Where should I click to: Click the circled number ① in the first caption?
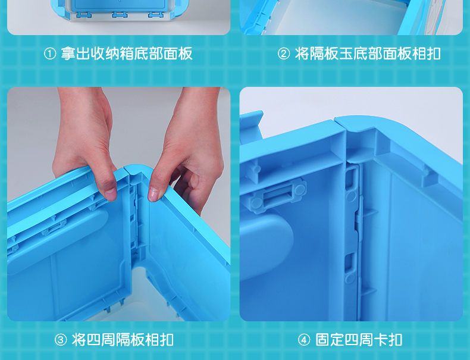tap(50, 54)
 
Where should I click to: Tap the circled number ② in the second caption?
tap(284, 54)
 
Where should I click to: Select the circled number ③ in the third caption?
tap(61, 340)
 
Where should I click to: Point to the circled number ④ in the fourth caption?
tap(304, 340)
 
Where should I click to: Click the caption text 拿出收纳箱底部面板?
tap(127, 54)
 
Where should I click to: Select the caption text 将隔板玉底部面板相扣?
tap(368, 54)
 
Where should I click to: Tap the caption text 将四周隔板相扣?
tap(123, 340)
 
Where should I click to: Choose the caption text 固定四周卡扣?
tap(359, 340)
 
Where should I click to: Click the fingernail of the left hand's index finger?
tap(111, 194)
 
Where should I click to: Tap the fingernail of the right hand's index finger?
tap(153, 194)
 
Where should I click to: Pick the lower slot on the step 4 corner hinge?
tap(350, 263)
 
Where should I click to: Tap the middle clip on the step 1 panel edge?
tap(120, 14)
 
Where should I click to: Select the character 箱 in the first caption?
tap(127, 54)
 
